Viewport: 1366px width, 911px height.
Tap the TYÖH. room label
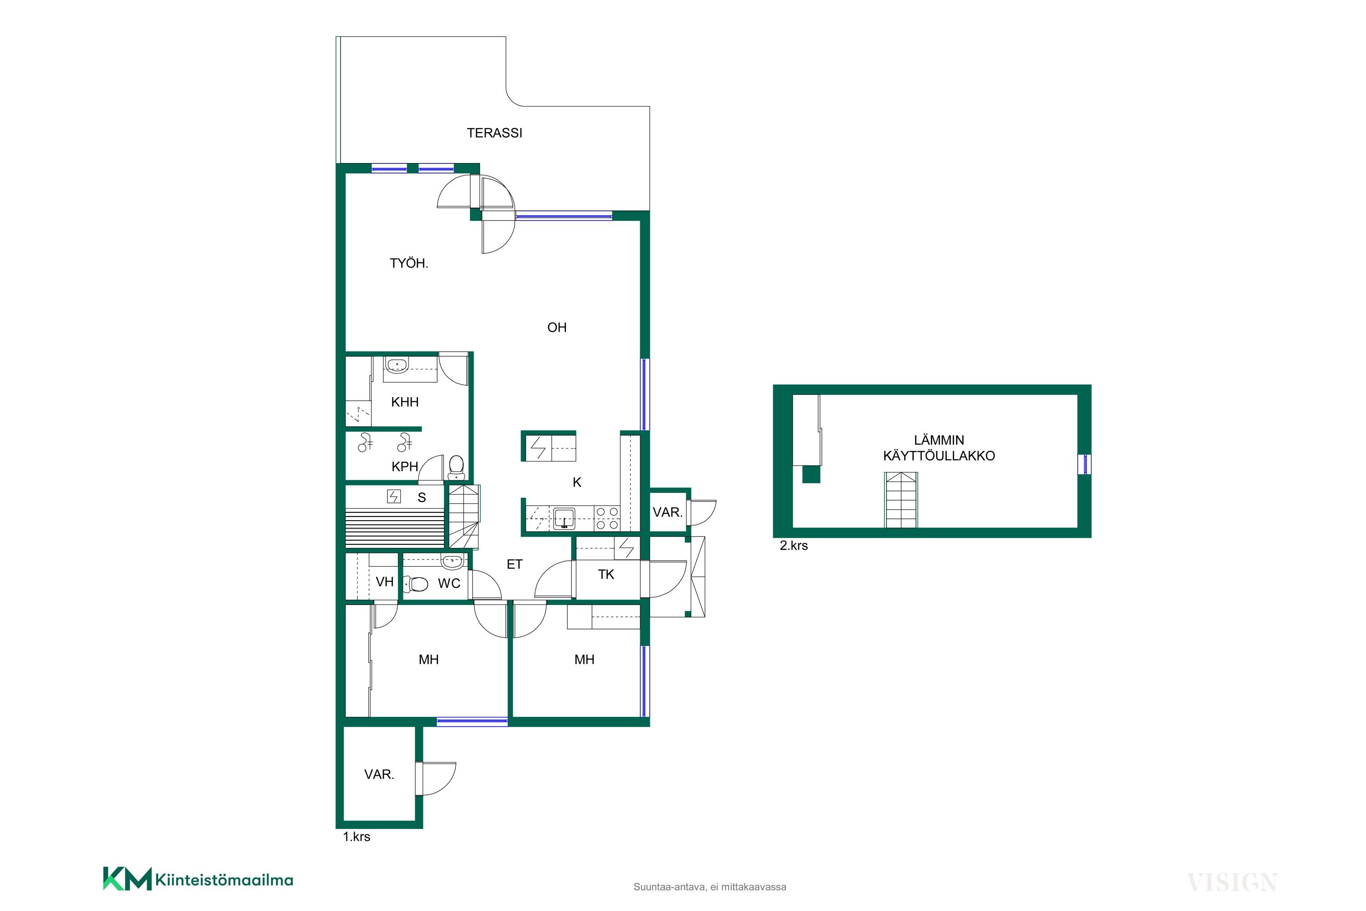coord(409,263)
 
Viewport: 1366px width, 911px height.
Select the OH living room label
coord(556,328)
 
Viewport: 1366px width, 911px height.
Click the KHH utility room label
coord(405,402)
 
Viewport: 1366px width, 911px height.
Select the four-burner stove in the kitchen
coord(607,518)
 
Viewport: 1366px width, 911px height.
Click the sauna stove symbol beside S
coord(394,497)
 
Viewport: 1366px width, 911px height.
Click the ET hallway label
coord(515,564)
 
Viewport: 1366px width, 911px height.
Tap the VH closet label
coord(384,582)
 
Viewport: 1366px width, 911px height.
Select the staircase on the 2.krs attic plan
coord(901,500)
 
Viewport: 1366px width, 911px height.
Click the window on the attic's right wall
coord(1084,465)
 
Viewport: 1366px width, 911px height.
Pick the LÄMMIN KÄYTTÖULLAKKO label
coord(939,448)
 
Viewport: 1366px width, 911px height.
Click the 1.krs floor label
coord(356,837)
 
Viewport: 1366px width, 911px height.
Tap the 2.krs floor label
coord(793,546)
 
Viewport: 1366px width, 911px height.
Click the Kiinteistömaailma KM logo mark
coord(127,879)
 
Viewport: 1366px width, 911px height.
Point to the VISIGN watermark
coord(1231,883)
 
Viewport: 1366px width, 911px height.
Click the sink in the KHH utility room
coord(397,365)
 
